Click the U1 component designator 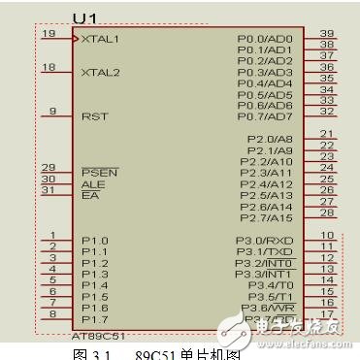[x=85, y=18]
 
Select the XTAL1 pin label [x=101, y=39]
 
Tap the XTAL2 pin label [x=101, y=72]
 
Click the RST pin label [x=94, y=115]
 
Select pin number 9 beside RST [x=52, y=111]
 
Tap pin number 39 [x=327, y=33]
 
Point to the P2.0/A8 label [x=271, y=139]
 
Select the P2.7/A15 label [x=271, y=218]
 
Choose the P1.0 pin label [x=95, y=241]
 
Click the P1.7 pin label [x=95, y=318]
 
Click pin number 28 [x=327, y=213]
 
